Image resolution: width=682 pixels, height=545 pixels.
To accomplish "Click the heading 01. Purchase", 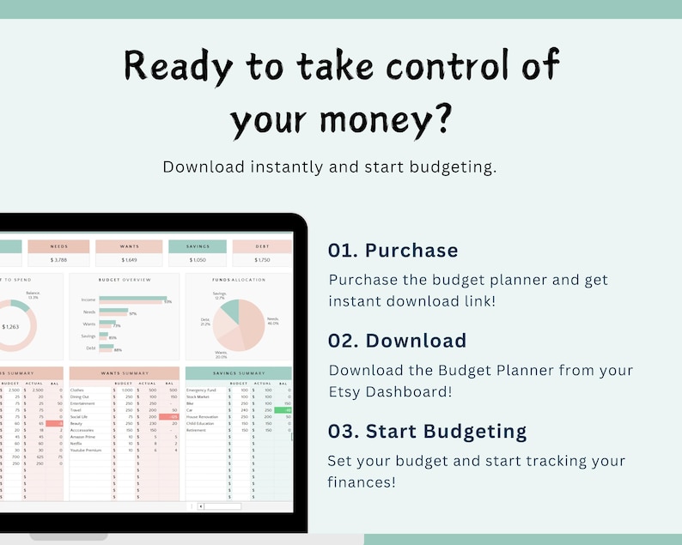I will click(x=393, y=251).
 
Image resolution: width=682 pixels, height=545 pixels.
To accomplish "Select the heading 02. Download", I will click(x=397, y=341).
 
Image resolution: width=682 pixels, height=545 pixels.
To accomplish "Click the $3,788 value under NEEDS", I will click(x=58, y=259).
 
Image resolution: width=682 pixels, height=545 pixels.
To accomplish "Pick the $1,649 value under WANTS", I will click(x=129, y=259).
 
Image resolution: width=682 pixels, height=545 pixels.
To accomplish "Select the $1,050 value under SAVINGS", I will click(x=198, y=259).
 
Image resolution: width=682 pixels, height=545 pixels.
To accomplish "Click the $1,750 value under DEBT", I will click(x=262, y=259).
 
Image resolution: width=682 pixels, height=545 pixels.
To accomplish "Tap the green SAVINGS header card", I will click(x=198, y=246).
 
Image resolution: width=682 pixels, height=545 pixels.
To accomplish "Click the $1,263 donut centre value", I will click(x=10, y=326).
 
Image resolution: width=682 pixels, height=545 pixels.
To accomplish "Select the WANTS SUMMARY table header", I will click(x=125, y=373).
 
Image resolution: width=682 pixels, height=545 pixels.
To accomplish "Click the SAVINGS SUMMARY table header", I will click(x=238, y=373).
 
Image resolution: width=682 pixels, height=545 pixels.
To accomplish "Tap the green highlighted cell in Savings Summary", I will click(x=283, y=410).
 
